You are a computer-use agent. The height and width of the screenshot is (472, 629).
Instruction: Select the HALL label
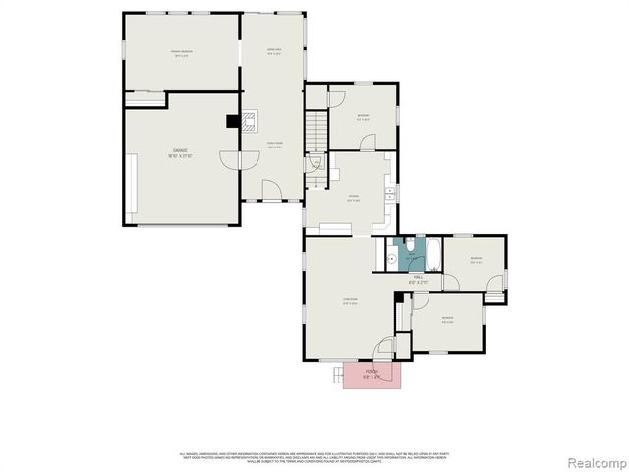418,279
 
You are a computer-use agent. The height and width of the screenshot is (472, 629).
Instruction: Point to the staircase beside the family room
314,129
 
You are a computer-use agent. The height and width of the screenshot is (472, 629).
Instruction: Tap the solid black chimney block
233,121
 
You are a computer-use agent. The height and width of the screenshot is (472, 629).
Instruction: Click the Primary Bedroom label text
181,55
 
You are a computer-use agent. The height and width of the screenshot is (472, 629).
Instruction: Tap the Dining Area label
275,52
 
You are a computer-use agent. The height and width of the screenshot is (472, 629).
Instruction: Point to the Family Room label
277,145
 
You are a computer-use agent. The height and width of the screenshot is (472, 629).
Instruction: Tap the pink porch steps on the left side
337,375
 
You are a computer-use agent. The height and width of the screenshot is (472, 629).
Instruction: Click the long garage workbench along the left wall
132,187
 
